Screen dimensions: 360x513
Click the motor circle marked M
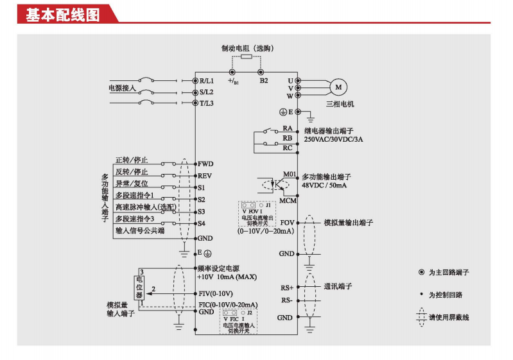pyautogui.click(x=338, y=87)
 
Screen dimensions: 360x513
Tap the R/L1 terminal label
pyautogui.click(x=207, y=81)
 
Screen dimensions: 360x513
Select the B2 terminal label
pyautogui.click(x=264, y=81)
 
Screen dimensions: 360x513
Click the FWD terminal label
pyautogui.click(x=206, y=164)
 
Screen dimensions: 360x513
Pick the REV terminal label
pyautogui.click(x=205, y=175)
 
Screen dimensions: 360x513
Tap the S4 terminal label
pyautogui.click(x=202, y=223)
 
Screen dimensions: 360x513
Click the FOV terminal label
pyautogui.click(x=287, y=222)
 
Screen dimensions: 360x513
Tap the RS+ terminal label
pyautogui.click(x=286, y=287)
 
